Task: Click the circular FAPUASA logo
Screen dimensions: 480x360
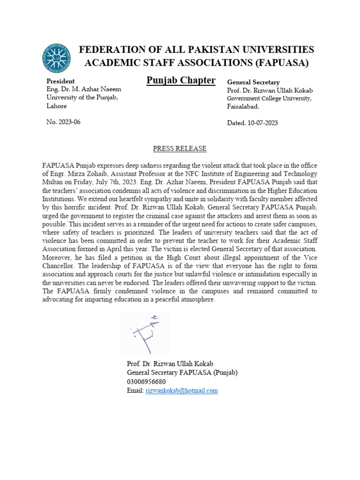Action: tap(57, 58)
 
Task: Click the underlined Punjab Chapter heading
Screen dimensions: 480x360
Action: tap(181, 80)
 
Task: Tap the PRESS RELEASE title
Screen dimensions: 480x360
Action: tap(180, 149)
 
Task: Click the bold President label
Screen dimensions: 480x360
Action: tap(60, 81)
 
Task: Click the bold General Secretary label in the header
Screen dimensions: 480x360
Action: tap(253, 82)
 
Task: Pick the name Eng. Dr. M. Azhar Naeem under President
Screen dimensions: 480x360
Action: tap(83, 89)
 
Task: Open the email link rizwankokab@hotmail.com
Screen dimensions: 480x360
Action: tap(182, 390)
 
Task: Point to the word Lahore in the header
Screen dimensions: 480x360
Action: tap(56, 106)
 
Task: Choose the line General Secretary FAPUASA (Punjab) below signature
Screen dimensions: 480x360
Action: tap(182, 373)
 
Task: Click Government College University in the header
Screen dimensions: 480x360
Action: tap(269, 98)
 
